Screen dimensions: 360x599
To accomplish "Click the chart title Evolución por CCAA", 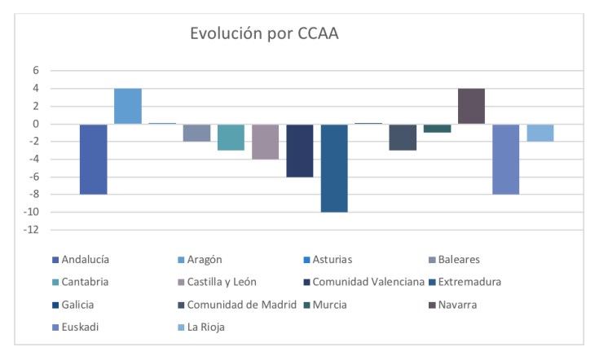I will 264,34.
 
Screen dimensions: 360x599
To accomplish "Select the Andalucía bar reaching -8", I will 93,159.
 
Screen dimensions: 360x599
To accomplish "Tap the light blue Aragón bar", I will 128,106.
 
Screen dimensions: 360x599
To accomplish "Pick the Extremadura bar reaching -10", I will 334,168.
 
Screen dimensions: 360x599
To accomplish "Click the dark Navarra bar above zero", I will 472,106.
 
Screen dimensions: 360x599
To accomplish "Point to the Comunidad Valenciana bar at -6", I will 300,151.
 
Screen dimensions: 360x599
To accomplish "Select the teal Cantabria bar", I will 231,137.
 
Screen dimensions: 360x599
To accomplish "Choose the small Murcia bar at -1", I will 438,128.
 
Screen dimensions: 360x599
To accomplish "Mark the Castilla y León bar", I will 266,142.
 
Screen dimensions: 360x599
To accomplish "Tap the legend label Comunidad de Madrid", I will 234,305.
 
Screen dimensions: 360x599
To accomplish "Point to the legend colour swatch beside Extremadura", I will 431,283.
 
